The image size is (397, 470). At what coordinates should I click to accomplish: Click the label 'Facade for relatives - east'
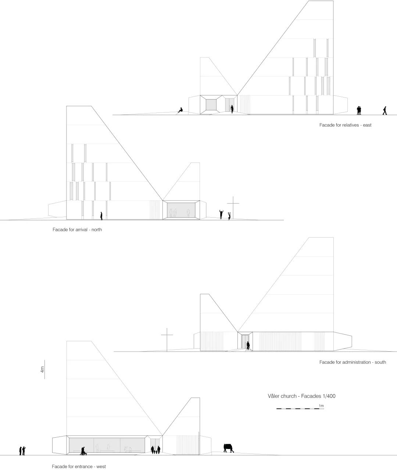[x=345, y=125]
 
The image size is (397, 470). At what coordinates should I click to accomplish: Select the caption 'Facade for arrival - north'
[x=77, y=230]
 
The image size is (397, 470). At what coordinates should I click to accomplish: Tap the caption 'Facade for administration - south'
[x=353, y=362]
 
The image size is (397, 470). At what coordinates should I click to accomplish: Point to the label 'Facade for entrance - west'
[x=79, y=467]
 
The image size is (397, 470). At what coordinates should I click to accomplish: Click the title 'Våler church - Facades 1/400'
[x=301, y=396]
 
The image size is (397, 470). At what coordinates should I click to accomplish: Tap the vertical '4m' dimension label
[x=43, y=369]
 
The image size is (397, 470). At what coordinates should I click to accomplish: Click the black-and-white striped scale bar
[x=300, y=409]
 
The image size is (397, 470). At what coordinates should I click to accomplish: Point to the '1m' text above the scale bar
[x=321, y=406]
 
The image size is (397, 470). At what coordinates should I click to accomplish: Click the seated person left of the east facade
[x=180, y=110]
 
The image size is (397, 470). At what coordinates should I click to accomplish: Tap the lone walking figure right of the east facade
[x=385, y=110]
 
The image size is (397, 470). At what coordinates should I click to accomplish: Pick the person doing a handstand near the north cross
[x=229, y=216]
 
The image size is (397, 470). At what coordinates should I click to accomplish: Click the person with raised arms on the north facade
[x=221, y=214]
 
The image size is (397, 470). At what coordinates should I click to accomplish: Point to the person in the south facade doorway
[x=248, y=346]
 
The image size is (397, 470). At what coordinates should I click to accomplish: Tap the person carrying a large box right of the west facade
[x=228, y=448]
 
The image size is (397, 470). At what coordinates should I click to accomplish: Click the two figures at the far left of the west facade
[x=22, y=451]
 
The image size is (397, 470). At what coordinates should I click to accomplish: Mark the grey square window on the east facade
[x=211, y=104]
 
